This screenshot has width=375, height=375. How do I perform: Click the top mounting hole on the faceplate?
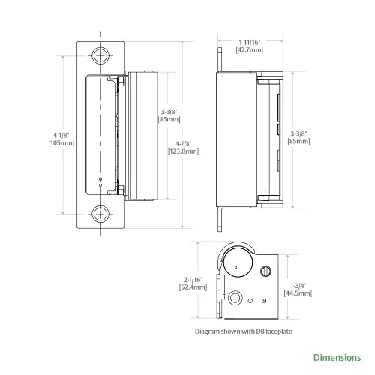coord(100,55)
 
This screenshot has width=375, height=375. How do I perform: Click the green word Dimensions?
coord(337,357)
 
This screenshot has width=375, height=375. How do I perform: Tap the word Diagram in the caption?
coord(208,330)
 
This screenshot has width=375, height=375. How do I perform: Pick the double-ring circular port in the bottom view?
coord(235,298)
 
